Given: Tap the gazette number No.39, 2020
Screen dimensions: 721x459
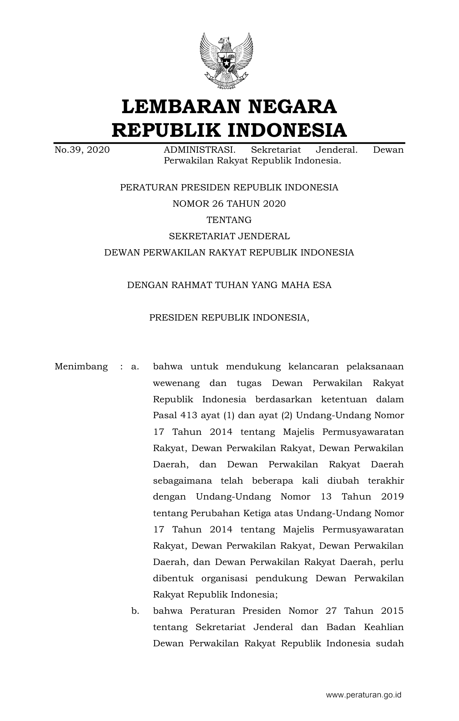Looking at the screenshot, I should point(82,150).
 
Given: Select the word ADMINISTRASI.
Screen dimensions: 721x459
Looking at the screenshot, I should point(199,150).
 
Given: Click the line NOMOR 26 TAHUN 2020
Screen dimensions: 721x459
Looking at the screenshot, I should point(229,204).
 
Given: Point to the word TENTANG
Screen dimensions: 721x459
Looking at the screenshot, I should point(229,220).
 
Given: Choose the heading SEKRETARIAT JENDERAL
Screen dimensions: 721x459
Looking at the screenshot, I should point(229,236).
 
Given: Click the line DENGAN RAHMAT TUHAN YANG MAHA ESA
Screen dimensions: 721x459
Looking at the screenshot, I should point(229,285).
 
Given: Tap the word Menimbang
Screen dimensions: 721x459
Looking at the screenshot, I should point(81,367).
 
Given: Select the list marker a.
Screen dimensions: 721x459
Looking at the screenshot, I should point(135,367).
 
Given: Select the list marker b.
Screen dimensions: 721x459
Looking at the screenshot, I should point(135,611).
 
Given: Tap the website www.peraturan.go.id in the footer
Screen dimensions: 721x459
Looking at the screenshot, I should point(363,695).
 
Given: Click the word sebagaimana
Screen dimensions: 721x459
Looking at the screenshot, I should point(182,481).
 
